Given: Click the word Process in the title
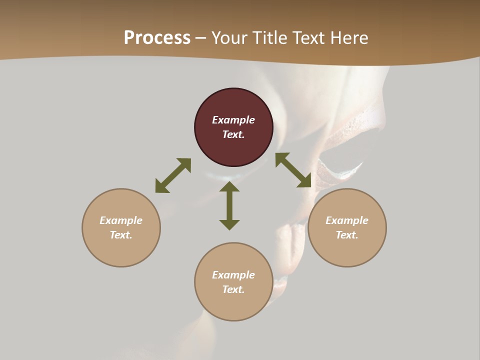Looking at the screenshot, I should [157, 38].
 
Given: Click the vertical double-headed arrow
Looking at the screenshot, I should [229, 205].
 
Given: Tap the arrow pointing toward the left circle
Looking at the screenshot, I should [173, 175].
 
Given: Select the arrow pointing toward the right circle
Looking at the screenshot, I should [293, 170].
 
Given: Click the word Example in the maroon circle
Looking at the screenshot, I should [233, 120].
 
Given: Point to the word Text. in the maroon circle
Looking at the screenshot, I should [233, 134].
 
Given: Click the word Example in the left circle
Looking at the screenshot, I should [121, 220].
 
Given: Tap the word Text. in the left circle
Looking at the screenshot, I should [121, 235].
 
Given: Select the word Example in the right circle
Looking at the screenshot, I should [347, 220].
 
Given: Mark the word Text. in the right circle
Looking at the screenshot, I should [347, 235].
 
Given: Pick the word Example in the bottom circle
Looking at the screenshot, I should [233, 275].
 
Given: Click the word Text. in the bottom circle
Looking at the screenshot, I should [233, 289].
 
